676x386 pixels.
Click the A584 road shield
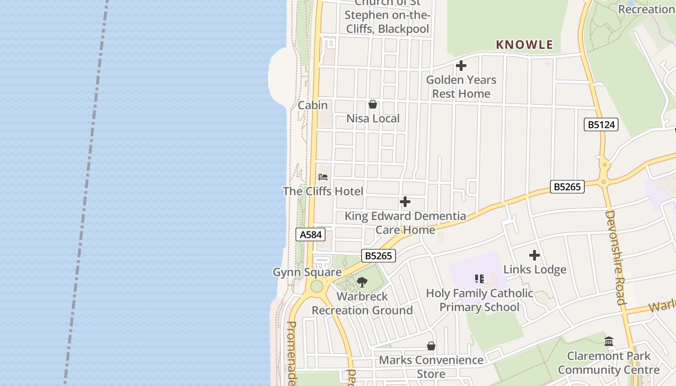[310, 235]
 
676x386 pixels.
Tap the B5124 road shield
[601, 125]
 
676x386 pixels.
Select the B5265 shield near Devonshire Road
[567, 187]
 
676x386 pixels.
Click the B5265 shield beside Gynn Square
[379, 256]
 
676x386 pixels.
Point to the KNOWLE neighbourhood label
[524, 45]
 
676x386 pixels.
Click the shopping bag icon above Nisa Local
[373, 104]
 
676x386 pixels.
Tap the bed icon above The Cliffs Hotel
[323, 177]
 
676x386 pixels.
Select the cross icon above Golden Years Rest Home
[461, 66]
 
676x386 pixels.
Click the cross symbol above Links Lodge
[535, 255]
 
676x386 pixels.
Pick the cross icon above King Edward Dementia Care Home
[405, 202]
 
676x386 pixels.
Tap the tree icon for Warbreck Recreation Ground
[362, 282]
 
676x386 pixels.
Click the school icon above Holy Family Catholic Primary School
[479, 278]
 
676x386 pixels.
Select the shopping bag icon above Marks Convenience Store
[431, 346]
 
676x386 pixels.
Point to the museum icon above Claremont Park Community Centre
[609, 342]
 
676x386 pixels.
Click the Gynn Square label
[307, 272]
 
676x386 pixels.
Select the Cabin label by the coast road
[312, 105]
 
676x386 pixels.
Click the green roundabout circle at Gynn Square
[317, 287]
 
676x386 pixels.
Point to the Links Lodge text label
[535, 269]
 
